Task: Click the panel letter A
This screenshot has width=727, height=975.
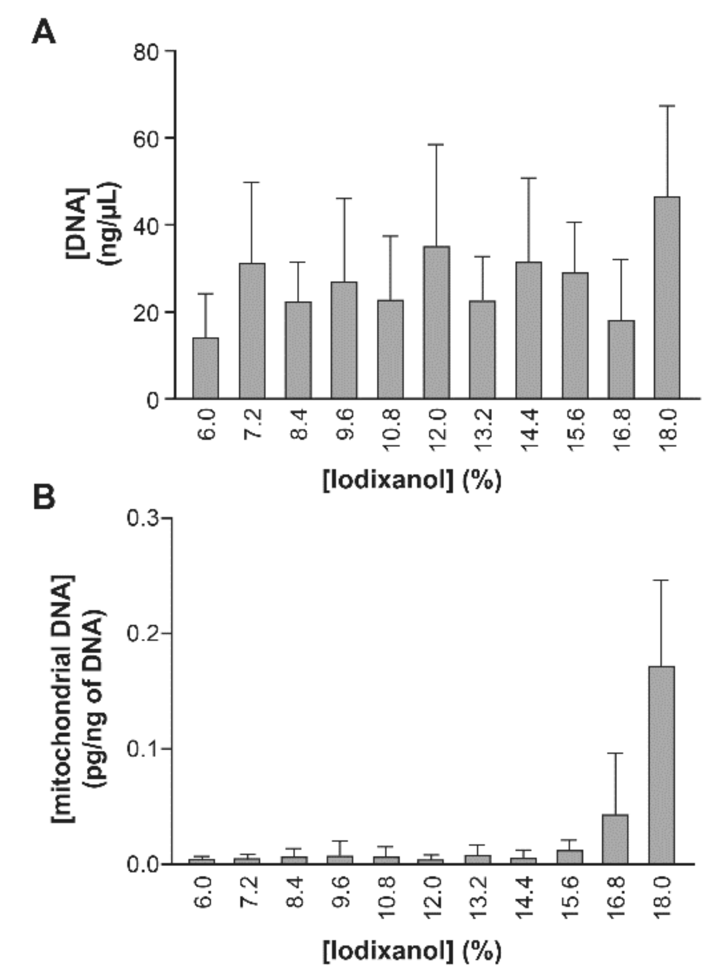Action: pyautogui.click(x=44, y=33)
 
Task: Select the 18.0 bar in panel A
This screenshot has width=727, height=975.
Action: pyautogui.click(x=666, y=298)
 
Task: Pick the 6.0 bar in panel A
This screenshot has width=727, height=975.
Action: pyautogui.click(x=205, y=368)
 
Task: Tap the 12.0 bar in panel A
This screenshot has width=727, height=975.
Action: pyautogui.click(x=436, y=322)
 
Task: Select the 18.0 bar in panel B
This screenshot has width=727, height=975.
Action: pyautogui.click(x=661, y=765)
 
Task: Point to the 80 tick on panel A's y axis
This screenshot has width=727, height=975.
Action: pyautogui.click(x=147, y=52)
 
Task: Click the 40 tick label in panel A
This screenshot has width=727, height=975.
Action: pyautogui.click(x=147, y=226)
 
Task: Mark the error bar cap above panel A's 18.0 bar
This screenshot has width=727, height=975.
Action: pyautogui.click(x=667, y=106)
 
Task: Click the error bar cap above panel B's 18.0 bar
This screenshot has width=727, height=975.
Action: pyautogui.click(x=661, y=580)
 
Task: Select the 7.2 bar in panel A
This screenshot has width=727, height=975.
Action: pyautogui.click(x=252, y=331)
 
